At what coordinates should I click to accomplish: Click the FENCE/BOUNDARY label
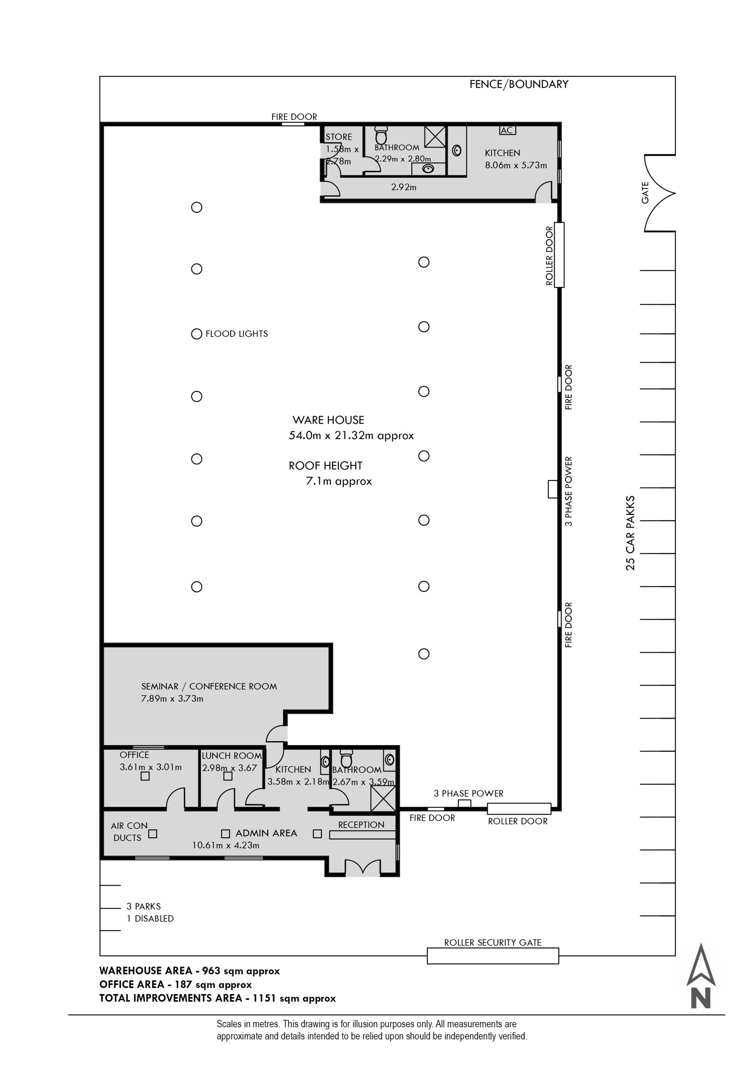point(519,84)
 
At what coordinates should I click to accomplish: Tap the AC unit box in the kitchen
point(507,130)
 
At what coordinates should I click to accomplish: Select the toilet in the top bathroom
point(381,135)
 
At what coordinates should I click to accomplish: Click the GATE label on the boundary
point(645,193)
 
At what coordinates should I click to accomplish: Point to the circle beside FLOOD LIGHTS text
point(197,334)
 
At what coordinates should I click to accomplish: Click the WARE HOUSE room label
point(328,420)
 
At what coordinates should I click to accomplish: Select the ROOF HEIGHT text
point(326,466)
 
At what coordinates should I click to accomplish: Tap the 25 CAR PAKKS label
point(630,533)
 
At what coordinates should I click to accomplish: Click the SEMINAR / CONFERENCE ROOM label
point(209,687)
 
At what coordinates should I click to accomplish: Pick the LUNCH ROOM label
point(232,756)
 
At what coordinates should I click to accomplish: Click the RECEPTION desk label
point(361,825)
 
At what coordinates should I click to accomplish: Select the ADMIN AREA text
point(266,833)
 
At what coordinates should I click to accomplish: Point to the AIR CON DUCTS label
point(129,832)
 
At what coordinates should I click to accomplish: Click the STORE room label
point(339,137)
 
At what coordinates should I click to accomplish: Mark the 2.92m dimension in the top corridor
point(403,187)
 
